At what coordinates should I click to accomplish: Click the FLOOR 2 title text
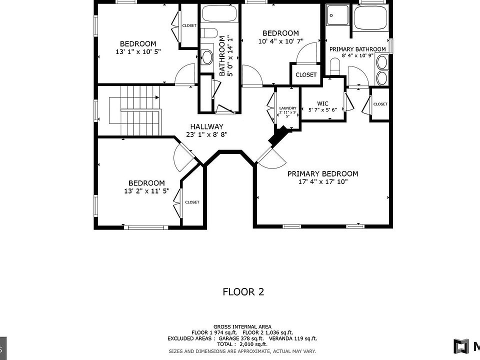[243, 292]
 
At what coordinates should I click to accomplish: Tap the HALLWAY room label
[206, 126]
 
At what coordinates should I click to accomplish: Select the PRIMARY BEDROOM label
[322, 173]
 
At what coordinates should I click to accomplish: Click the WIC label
[322, 103]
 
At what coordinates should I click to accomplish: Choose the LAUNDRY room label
[287, 108]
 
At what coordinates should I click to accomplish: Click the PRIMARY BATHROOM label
[357, 49]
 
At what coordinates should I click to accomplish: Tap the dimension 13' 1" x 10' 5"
[137, 51]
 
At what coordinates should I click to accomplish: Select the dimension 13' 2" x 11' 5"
[146, 191]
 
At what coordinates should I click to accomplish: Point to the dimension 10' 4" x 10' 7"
[280, 41]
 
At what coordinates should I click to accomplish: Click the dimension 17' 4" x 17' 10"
[322, 182]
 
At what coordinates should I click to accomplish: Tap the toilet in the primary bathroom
[335, 66]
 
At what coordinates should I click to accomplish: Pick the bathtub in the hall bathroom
[219, 14]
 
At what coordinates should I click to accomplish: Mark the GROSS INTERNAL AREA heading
[242, 326]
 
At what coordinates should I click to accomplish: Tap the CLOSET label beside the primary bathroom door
[380, 104]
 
